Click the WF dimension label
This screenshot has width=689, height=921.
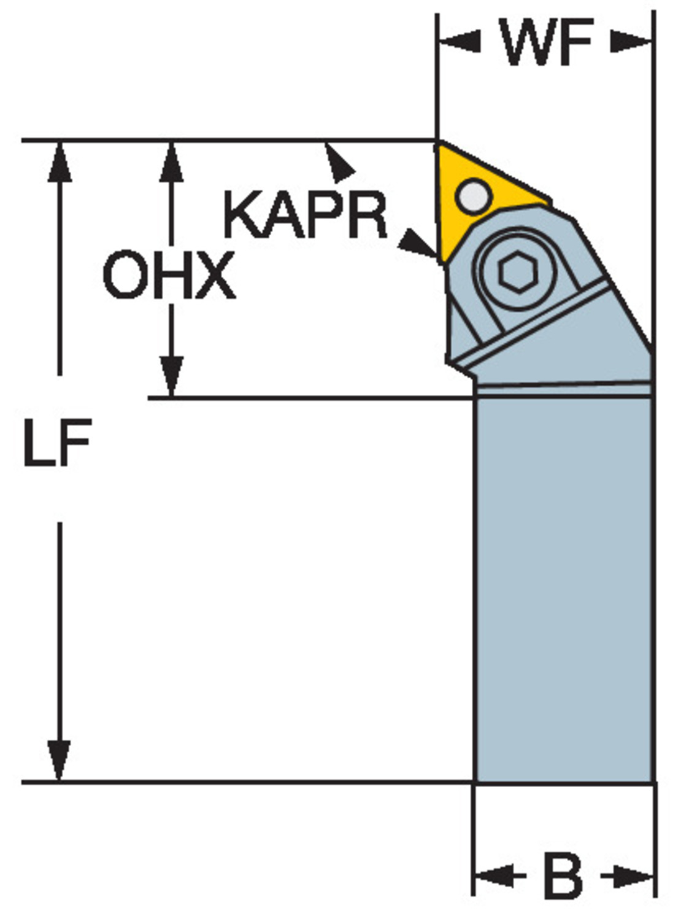tap(545, 42)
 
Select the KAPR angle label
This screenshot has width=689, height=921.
tap(305, 215)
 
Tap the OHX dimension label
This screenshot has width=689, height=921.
tap(169, 275)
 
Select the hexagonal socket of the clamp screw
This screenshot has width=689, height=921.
tap(518, 271)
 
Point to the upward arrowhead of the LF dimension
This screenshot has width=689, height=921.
tap(60, 161)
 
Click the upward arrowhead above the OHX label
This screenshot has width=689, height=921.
tap(171, 161)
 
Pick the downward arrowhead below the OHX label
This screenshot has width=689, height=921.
tap(172, 376)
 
